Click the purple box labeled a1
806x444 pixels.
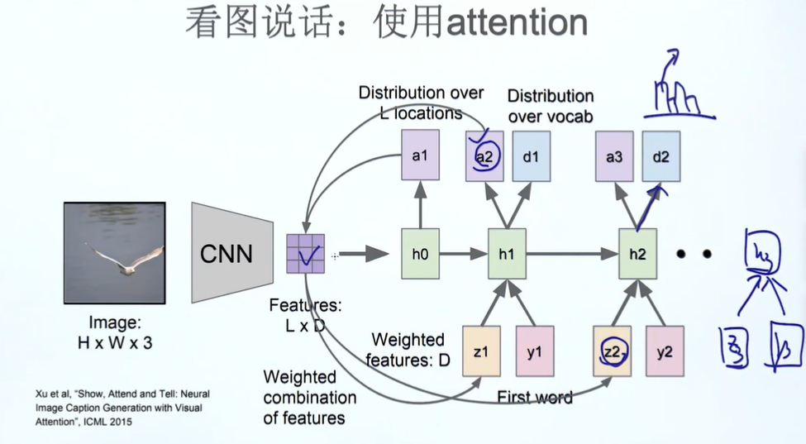[420, 155]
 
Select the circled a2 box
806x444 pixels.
[484, 155]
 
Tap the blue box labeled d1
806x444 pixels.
[530, 155]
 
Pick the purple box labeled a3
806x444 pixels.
[614, 155]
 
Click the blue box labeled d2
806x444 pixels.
[661, 155]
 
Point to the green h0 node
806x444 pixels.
[420, 255]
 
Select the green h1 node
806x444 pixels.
[506, 255]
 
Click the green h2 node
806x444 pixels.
[637, 255]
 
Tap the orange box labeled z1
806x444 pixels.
[481, 351]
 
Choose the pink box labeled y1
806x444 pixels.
[535, 351]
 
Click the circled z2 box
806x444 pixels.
[613, 351]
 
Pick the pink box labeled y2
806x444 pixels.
[665, 351]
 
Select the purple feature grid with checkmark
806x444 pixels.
[306, 255]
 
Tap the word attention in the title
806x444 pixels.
[517, 23]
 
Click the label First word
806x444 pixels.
[535, 398]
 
